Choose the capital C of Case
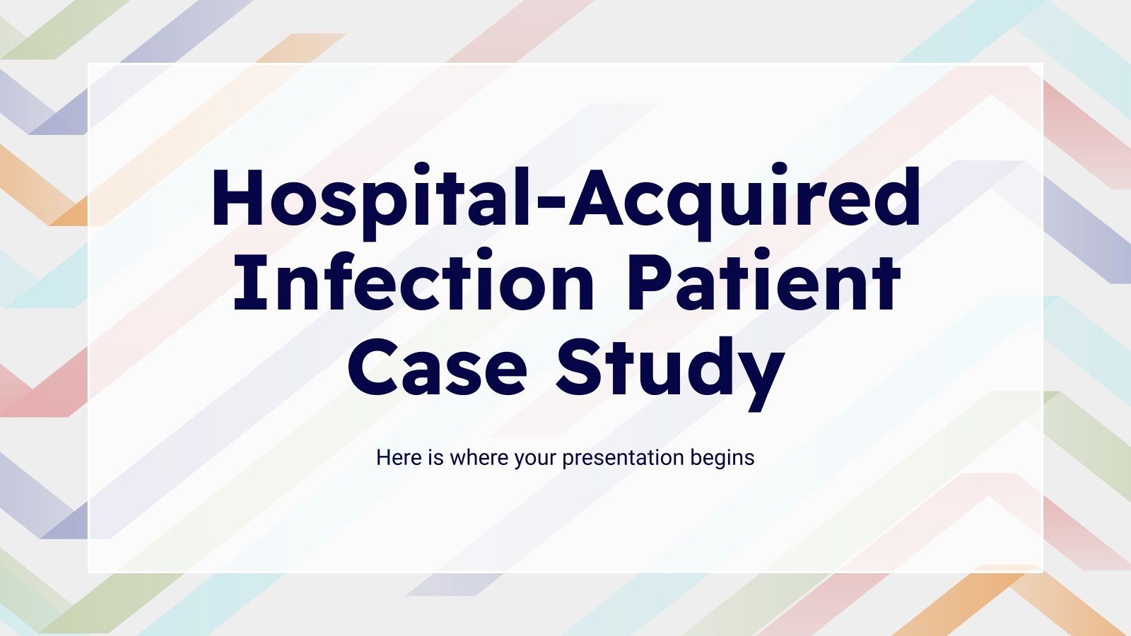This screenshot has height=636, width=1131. tap(373, 367)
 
